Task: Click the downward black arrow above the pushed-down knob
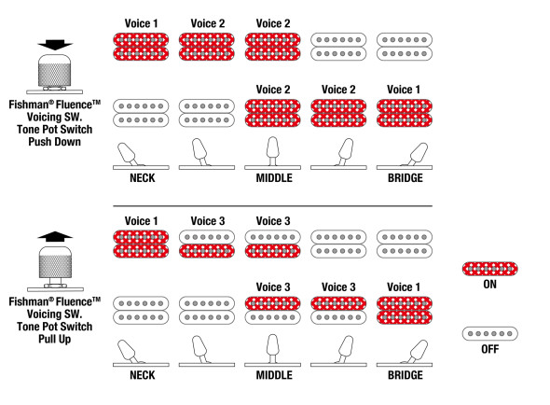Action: click(55, 45)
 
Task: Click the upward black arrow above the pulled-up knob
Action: click(55, 237)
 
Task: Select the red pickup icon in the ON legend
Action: click(489, 269)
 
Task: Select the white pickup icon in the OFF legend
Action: click(489, 334)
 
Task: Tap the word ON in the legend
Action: click(489, 285)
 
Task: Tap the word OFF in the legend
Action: click(489, 349)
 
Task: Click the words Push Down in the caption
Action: click(54, 142)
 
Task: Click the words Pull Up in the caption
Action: click(54, 340)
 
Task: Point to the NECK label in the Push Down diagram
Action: click(143, 178)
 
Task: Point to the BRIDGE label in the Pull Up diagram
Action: click(406, 375)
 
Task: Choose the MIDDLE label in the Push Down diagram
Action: click(274, 178)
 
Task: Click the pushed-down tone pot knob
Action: click(54, 70)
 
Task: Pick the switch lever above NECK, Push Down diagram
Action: click(129, 154)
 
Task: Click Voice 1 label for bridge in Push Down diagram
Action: click(404, 90)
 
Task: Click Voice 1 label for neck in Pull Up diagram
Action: click(141, 221)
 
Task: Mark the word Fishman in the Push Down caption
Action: click(28, 105)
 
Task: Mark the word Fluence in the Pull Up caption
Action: click(74, 302)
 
